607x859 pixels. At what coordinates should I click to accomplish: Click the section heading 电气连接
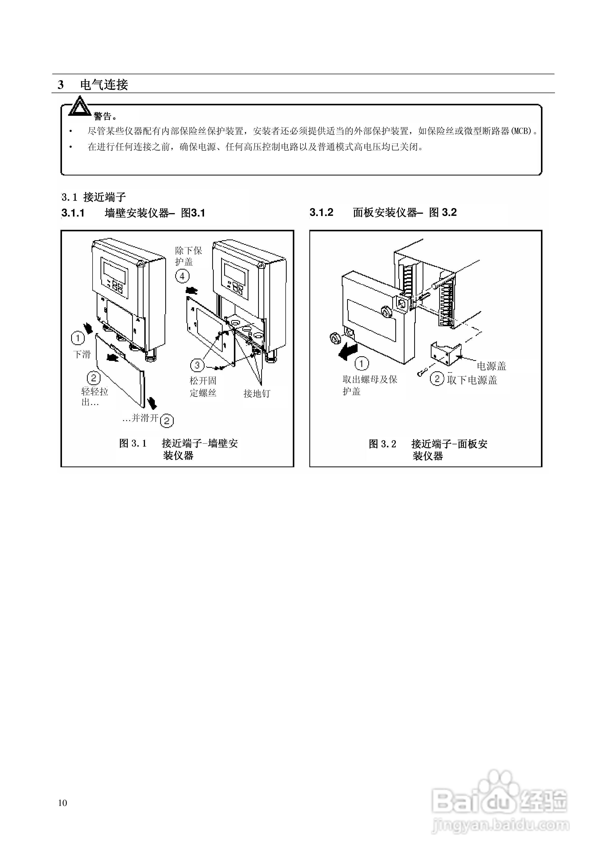point(104,85)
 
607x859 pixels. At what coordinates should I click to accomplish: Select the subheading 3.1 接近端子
point(94,197)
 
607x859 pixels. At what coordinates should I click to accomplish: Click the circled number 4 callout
point(182,276)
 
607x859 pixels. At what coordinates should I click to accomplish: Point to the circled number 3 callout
point(197,364)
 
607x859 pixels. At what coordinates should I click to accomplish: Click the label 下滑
point(82,354)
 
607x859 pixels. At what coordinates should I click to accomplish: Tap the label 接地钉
point(257,393)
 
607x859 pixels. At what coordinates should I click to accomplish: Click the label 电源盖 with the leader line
point(491,366)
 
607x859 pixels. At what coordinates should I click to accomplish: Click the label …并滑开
point(141,418)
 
